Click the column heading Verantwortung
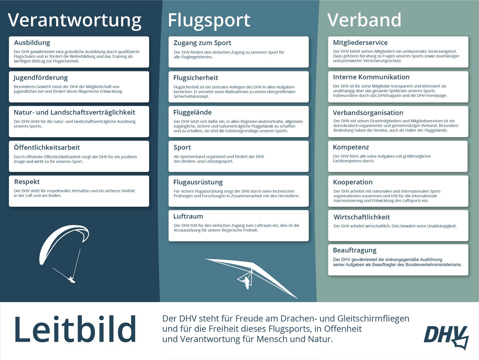coord(74,21)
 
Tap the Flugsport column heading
coord(209,21)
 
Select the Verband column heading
coord(364,20)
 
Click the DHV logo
coord(446,337)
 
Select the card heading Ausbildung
coord(32,43)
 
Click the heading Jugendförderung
coord(41,78)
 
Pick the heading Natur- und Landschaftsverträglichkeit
coord(74,112)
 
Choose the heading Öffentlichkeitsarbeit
coord(47,147)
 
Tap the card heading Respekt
coord(27,182)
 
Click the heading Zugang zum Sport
coord(202,43)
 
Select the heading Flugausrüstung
coord(198,182)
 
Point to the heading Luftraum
coord(188,216)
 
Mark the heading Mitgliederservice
coord(360,43)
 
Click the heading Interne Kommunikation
coord(371,77)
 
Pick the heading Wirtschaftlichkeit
coord(362,217)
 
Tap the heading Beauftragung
coord(355,250)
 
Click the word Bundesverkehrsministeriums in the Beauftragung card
coord(433,265)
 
